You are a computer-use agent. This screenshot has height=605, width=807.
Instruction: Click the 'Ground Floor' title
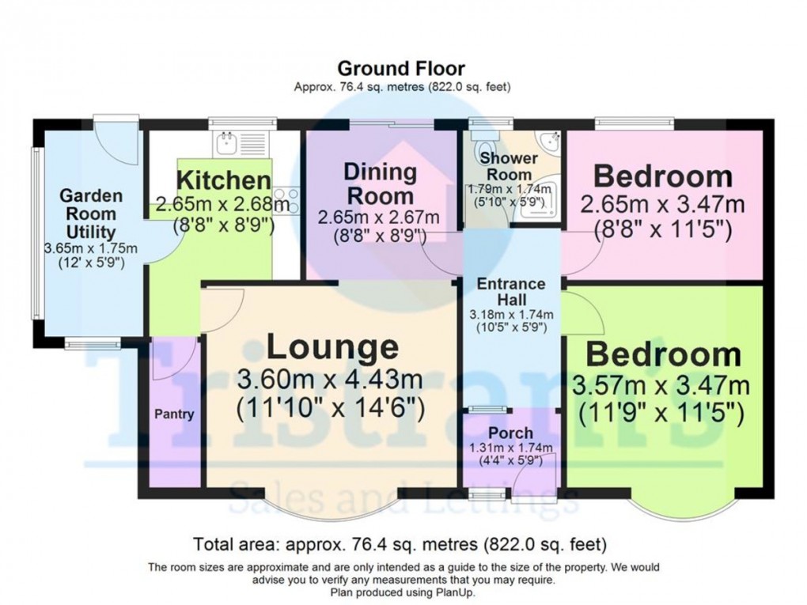(401, 69)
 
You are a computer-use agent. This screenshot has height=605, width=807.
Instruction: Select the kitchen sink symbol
(227, 142)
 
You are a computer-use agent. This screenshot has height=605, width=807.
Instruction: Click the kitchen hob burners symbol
(287, 201)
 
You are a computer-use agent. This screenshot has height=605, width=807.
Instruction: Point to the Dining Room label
(381, 183)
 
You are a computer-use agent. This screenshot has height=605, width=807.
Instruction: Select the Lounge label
(332, 347)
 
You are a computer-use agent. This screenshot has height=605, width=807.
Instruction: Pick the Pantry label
(174, 414)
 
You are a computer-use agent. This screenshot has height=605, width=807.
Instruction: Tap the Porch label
(510, 433)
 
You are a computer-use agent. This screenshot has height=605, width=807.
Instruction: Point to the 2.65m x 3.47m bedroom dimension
(662, 205)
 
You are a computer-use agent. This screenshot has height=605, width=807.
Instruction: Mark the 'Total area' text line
(400, 544)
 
